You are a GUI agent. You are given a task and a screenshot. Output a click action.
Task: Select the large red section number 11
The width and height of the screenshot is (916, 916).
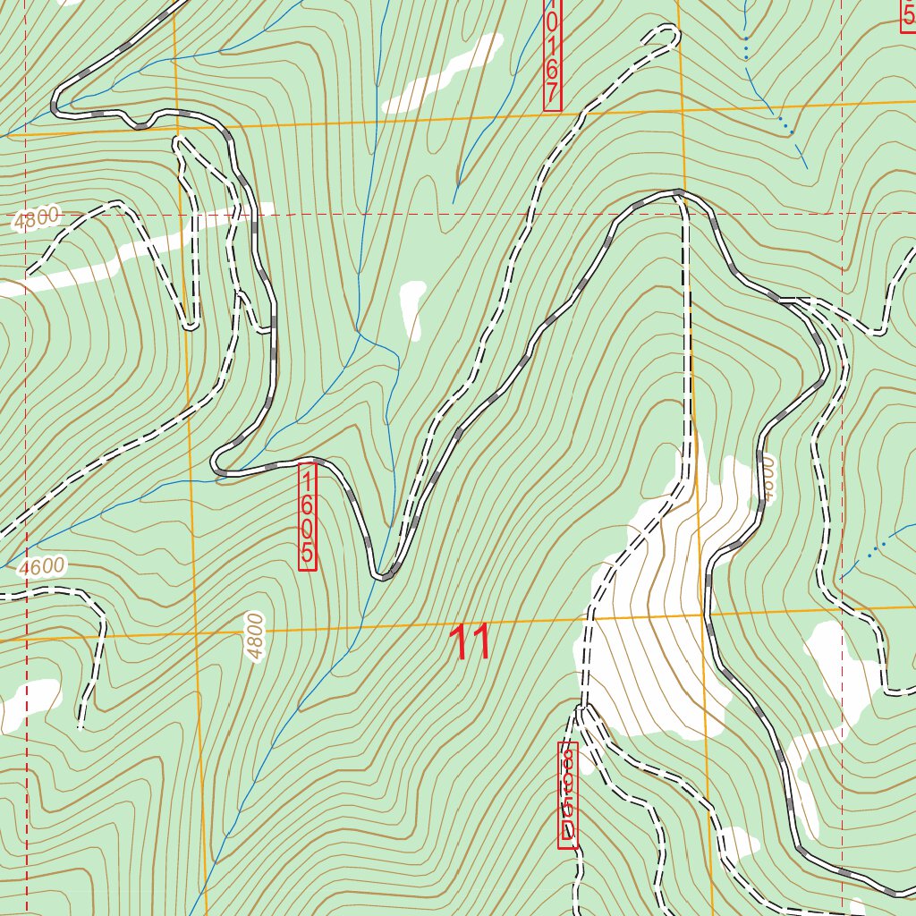point(470,643)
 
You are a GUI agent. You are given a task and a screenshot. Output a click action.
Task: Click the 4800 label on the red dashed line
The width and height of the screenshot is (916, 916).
point(37,217)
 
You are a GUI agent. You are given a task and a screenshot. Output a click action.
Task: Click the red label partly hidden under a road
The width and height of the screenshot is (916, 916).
point(568,795)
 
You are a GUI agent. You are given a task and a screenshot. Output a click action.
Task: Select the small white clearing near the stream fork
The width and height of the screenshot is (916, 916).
point(413,309)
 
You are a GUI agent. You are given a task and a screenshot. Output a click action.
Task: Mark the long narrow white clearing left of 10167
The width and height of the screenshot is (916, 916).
point(443,75)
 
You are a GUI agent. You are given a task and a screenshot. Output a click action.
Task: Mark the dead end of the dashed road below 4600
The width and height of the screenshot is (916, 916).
point(81,726)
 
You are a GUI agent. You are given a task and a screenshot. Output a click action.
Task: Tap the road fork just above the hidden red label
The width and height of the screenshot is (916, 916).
point(582,710)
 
